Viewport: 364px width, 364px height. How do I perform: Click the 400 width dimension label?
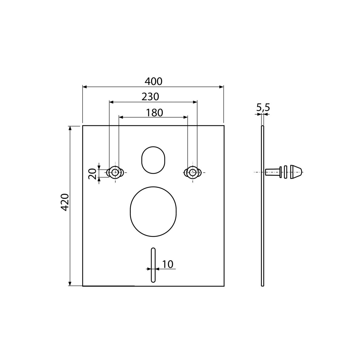click(x=153, y=81)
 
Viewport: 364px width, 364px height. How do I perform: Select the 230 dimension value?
click(x=150, y=97)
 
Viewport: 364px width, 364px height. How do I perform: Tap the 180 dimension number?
click(x=154, y=113)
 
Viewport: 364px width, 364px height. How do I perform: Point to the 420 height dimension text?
click(x=65, y=202)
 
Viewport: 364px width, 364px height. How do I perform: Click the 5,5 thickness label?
click(x=263, y=108)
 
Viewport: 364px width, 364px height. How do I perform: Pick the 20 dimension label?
click(x=93, y=174)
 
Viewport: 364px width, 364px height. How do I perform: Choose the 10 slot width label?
click(x=167, y=264)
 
